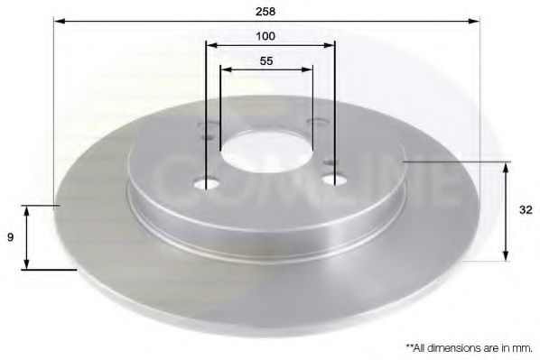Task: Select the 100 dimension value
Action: click(265, 37)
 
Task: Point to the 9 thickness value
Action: click(11, 237)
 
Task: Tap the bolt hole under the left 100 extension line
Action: click(208, 185)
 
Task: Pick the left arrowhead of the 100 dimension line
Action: click(210, 44)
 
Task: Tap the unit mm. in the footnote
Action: click(520, 346)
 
